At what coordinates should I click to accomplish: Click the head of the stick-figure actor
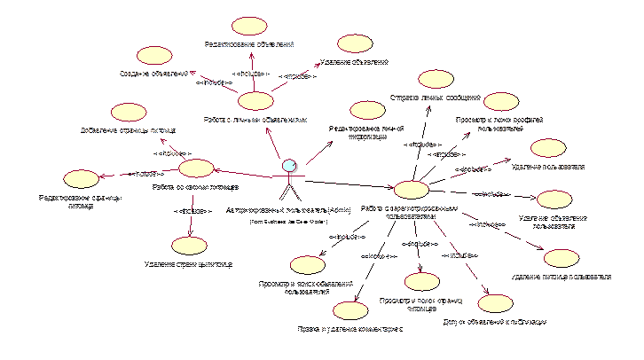[x=288, y=167]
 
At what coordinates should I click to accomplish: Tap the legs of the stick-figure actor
[x=288, y=192]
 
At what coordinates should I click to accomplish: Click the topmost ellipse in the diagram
[x=249, y=26]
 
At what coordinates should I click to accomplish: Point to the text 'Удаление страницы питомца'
[x=189, y=263]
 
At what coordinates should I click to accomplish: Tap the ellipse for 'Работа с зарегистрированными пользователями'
[x=410, y=189]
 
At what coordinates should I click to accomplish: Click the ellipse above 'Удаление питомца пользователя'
[x=560, y=257]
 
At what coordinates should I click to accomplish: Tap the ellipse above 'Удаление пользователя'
[x=546, y=148]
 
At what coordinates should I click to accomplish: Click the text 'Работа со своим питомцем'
[x=193, y=188]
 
